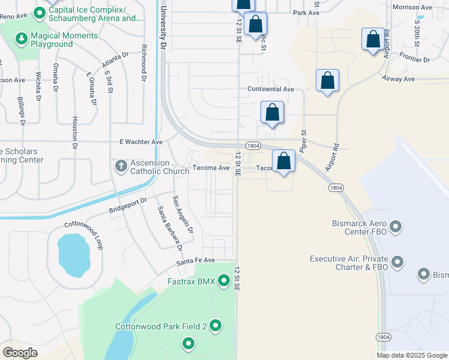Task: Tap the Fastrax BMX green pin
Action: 224,280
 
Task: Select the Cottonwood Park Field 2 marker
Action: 215,326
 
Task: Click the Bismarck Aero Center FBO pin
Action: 395,227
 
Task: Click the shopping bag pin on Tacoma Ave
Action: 284,161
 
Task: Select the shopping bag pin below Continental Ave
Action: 272,112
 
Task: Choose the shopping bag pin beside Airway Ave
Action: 327,80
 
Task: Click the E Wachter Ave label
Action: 141,142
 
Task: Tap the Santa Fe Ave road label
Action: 195,260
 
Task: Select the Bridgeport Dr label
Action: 127,206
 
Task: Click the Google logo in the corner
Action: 20,352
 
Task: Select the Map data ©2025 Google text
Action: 412,355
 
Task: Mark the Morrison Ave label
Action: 412,7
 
